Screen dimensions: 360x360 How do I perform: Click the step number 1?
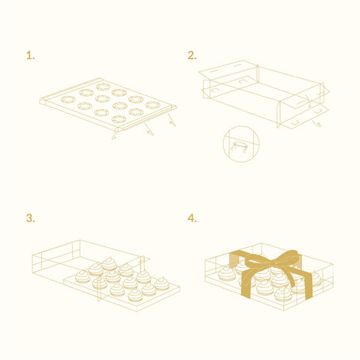30,56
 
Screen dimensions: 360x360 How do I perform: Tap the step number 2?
192,56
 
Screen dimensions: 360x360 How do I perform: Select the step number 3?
30,218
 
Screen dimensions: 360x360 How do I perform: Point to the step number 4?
192,218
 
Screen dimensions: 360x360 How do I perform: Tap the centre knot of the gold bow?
274,263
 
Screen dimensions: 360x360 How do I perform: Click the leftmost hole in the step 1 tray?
68,99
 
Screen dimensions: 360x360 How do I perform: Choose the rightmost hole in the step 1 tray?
153,105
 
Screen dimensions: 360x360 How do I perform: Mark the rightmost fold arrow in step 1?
172,119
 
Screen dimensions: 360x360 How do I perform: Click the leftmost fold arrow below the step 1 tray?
114,135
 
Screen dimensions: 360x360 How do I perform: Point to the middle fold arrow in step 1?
149,129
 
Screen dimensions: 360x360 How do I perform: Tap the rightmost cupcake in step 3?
162,283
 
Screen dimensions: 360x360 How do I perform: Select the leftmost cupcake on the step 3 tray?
82,276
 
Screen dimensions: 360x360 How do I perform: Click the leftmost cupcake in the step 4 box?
226,273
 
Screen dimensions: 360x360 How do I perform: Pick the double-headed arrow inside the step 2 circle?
240,146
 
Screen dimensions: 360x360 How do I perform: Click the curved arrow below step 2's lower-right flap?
317,123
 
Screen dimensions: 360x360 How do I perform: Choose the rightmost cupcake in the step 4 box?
315,279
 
